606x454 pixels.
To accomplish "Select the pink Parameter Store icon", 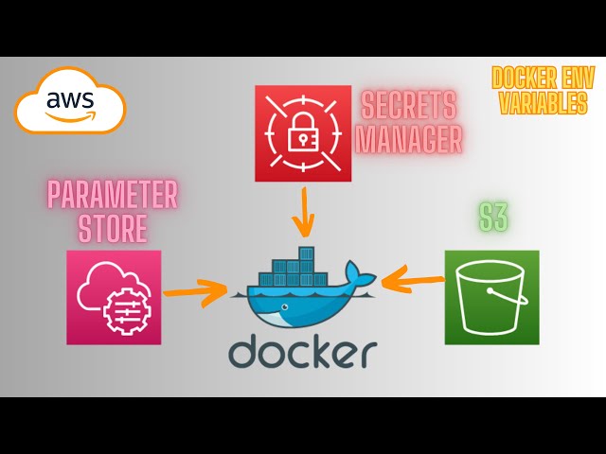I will (114, 297).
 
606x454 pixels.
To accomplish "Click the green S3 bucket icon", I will (491, 297).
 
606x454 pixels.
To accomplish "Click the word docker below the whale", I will (302, 351).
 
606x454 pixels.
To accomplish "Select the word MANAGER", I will (411, 139).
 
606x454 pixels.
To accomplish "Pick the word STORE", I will (114, 228).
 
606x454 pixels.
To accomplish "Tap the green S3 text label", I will (492, 217).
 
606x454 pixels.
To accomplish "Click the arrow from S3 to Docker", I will (413, 279).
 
